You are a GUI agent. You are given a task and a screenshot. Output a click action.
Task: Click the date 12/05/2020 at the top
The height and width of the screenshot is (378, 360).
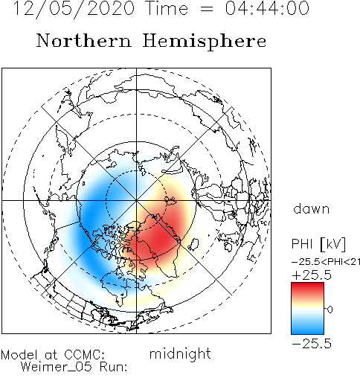coord(74,9)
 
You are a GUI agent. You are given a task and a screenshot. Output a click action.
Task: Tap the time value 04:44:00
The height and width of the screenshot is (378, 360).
coord(267,8)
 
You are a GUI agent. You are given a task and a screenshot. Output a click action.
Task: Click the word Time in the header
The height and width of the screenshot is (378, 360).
coord(167,8)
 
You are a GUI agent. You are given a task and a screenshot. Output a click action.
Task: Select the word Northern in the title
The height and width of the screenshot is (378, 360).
coord(83,40)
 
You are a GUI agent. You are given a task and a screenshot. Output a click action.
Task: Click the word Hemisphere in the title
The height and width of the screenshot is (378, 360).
coord(205,42)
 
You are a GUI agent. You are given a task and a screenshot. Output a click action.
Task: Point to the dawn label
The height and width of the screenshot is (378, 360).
coord(311,209)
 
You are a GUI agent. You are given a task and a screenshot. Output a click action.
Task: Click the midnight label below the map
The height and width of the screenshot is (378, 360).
coord(180,353)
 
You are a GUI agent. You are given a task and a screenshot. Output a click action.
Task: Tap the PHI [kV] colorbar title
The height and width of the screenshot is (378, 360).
coord(318,244)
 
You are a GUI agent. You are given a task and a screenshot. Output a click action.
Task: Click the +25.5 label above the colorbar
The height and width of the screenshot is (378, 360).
coord(312,275)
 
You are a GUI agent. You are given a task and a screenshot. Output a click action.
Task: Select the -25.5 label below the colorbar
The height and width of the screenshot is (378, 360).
coord(312,344)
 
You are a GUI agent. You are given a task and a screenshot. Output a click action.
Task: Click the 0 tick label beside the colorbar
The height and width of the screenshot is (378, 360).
coord(330,310)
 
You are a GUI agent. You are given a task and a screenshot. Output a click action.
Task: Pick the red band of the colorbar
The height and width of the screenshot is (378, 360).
coord(307,290)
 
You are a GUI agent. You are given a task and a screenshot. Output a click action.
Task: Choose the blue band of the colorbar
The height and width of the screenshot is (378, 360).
coord(307,326)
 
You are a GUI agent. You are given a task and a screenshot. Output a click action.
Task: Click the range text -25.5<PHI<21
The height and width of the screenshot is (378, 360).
coord(326,262)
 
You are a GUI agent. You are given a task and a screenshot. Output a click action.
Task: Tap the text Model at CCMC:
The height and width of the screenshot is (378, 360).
coord(53,355)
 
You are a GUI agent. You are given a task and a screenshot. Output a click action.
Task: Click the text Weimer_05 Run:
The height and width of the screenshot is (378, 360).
coord(74,367)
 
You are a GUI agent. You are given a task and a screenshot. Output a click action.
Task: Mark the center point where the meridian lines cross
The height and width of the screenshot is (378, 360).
coord(136,200)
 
